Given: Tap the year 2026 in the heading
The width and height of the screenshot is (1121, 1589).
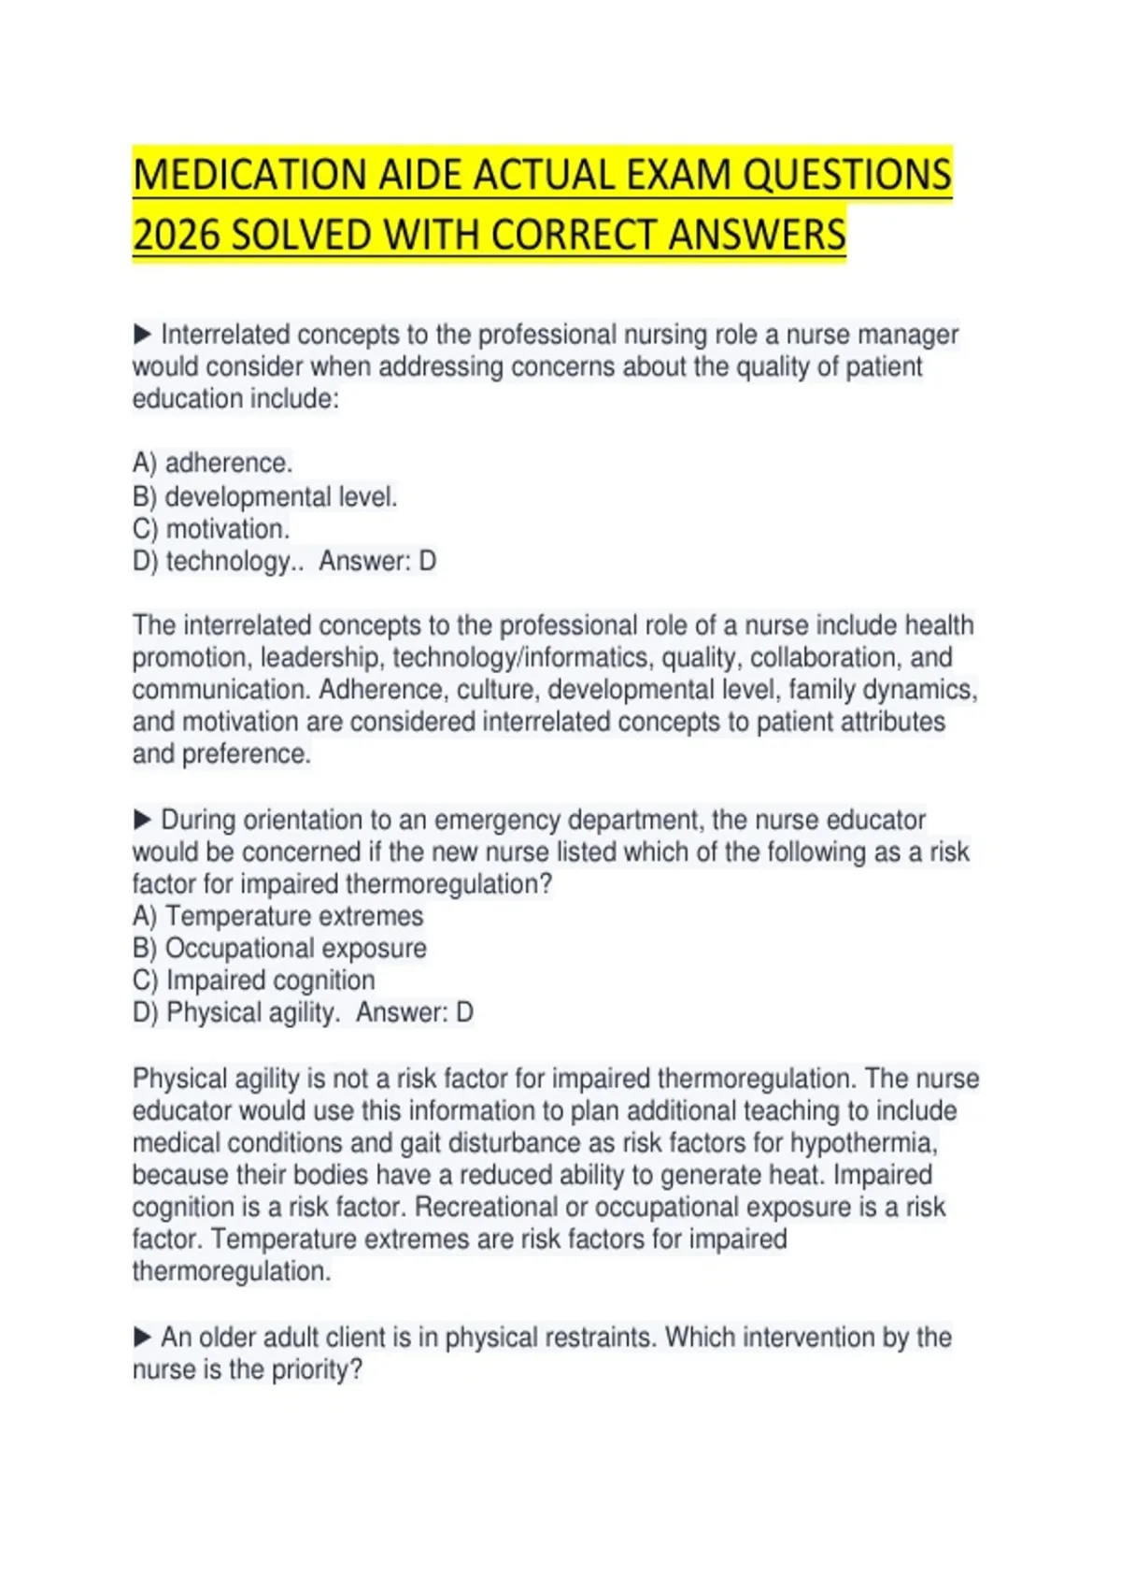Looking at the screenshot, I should pos(175,235).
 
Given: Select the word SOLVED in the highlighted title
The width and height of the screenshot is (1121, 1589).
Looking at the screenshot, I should pos(301,235).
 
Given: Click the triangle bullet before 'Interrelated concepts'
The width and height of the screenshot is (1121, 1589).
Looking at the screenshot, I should pos(142,334).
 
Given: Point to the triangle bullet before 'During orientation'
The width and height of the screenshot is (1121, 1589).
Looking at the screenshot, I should pos(142,820).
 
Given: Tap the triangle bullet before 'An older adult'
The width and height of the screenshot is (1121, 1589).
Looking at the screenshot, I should pos(142,1337).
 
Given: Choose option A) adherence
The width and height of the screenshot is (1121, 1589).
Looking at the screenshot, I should pos(213,463).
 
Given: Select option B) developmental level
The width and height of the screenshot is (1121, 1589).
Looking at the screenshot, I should pos(265,496).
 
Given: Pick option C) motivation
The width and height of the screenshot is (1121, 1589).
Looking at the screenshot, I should pos(211,529).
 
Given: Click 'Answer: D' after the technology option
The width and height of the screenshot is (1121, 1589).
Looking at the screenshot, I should pos(377,561).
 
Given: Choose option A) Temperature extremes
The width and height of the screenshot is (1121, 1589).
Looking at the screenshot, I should pos(277,916).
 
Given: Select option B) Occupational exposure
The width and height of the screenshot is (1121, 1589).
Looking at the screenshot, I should pos(279,948).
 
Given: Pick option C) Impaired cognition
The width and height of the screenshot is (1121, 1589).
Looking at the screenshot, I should pos(254,980).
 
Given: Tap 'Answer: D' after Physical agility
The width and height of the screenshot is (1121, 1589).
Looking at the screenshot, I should pos(415,1012).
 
